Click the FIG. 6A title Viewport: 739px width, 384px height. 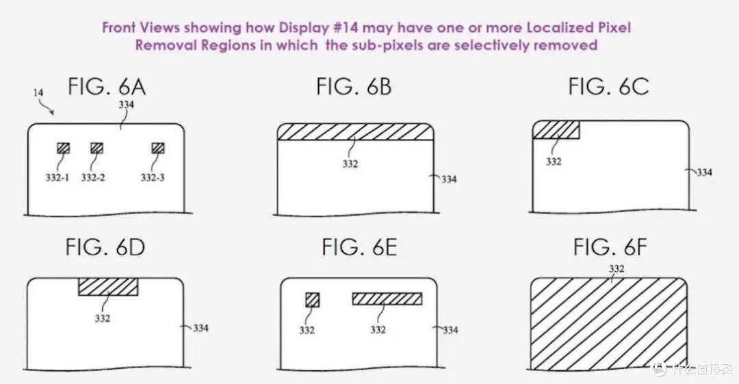click(107, 87)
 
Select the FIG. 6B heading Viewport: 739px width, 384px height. click(354, 87)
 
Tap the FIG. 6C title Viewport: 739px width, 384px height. click(608, 87)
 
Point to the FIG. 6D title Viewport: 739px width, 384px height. click(105, 247)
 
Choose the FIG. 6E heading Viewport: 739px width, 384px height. click(359, 247)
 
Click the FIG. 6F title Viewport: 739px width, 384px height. click(610, 247)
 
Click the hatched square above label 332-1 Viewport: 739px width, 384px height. click(63, 148)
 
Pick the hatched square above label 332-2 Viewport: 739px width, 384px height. click(96, 148)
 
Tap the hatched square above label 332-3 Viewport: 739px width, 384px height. click(158, 148)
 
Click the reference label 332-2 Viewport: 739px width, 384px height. click(93, 178)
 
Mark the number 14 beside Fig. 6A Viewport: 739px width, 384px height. click(38, 92)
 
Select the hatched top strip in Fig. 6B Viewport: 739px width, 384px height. click(355, 131)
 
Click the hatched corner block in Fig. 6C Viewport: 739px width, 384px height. click(556, 130)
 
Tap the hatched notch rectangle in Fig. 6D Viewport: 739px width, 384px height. click(108, 286)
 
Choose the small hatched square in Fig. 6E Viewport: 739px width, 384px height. click(312, 300)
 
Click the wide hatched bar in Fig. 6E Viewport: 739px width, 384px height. click(387, 298)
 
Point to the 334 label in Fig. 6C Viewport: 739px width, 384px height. click(704, 172)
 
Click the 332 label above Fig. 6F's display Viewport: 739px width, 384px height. click(617, 269)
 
